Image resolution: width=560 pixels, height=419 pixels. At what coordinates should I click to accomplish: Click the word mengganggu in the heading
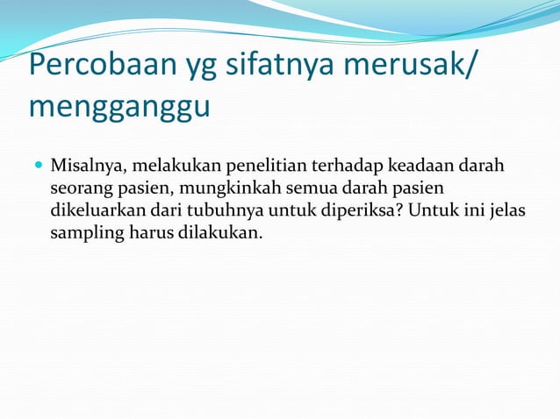[x=119, y=109]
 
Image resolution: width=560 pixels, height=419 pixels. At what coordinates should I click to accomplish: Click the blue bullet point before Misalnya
[x=39, y=166]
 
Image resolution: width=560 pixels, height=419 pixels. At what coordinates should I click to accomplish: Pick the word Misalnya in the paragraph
[x=86, y=167]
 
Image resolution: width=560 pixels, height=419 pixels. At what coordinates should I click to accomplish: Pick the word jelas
[x=507, y=211]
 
